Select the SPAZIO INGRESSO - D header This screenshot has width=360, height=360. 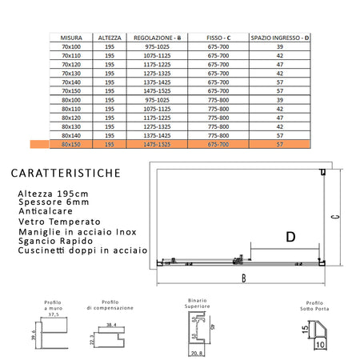coord(279,37)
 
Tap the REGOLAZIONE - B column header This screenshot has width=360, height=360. coord(158,37)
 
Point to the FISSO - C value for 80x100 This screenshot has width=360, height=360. coord(218,101)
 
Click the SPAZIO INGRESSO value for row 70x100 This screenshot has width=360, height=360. coord(279,47)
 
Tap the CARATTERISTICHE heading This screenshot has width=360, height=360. coord(67,172)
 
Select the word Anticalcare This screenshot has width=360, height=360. coord(47,213)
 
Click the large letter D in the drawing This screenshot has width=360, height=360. coord(290,235)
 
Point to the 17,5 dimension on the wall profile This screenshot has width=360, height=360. coord(54,315)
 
